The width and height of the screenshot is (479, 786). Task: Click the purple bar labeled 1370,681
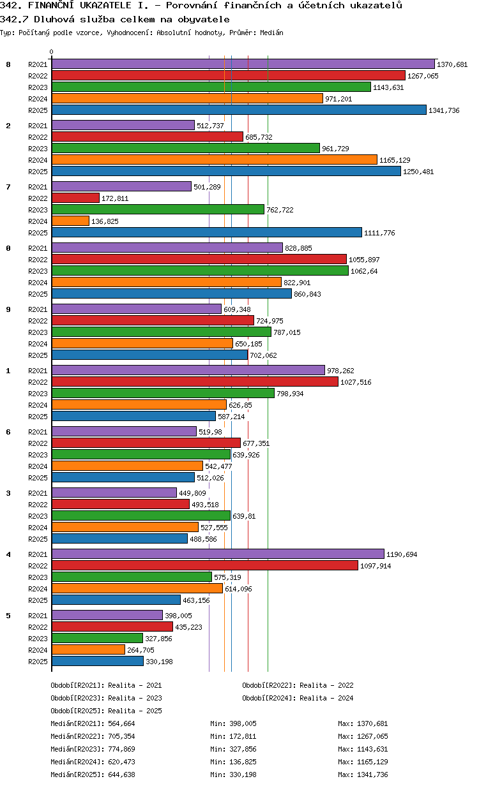pyautogui.click(x=243, y=64)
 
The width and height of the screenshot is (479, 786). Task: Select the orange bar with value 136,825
pyautogui.click(x=70, y=221)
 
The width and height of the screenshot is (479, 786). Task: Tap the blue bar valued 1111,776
pyautogui.click(x=207, y=232)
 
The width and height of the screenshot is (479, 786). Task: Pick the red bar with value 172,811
pyautogui.click(x=75, y=198)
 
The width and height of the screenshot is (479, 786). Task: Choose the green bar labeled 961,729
pyautogui.click(x=186, y=148)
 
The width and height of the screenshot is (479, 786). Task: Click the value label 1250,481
pyautogui.click(x=418, y=172)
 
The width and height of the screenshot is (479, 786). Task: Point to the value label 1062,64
pyautogui.click(x=364, y=271)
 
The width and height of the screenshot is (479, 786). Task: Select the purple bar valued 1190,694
pyautogui.click(x=218, y=554)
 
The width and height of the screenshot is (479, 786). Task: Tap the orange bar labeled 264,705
pyautogui.click(x=88, y=649)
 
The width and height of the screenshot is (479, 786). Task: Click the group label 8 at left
pyautogui.click(x=8, y=64)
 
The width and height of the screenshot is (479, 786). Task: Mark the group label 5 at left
pyautogui.click(x=8, y=616)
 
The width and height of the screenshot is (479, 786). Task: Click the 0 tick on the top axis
pyautogui.click(x=51, y=52)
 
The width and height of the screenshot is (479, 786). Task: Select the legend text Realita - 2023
pyautogui.click(x=135, y=698)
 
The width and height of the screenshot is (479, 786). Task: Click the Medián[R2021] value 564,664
pyautogui.click(x=121, y=723)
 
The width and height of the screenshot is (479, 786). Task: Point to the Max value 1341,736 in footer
pyautogui.click(x=372, y=775)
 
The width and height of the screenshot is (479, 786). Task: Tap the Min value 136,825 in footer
pyautogui.click(x=243, y=762)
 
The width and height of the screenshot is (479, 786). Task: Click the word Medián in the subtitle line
pyautogui.click(x=271, y=33)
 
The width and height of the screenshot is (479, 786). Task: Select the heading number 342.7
pyautogui.click(x=15, y=19)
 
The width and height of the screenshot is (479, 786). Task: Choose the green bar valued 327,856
pyautogui.click(x=97, y=638)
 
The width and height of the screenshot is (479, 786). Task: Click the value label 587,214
pyautogui.click(x=231, y=417)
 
